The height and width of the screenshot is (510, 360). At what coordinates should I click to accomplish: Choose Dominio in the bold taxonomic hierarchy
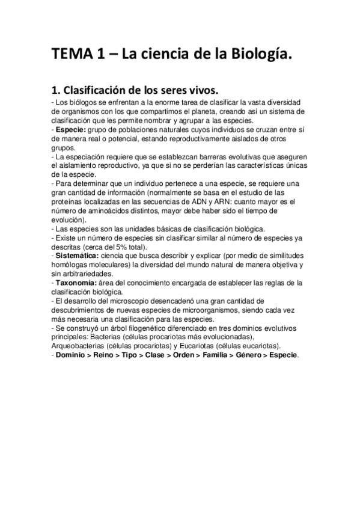(x=72, y=355)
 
